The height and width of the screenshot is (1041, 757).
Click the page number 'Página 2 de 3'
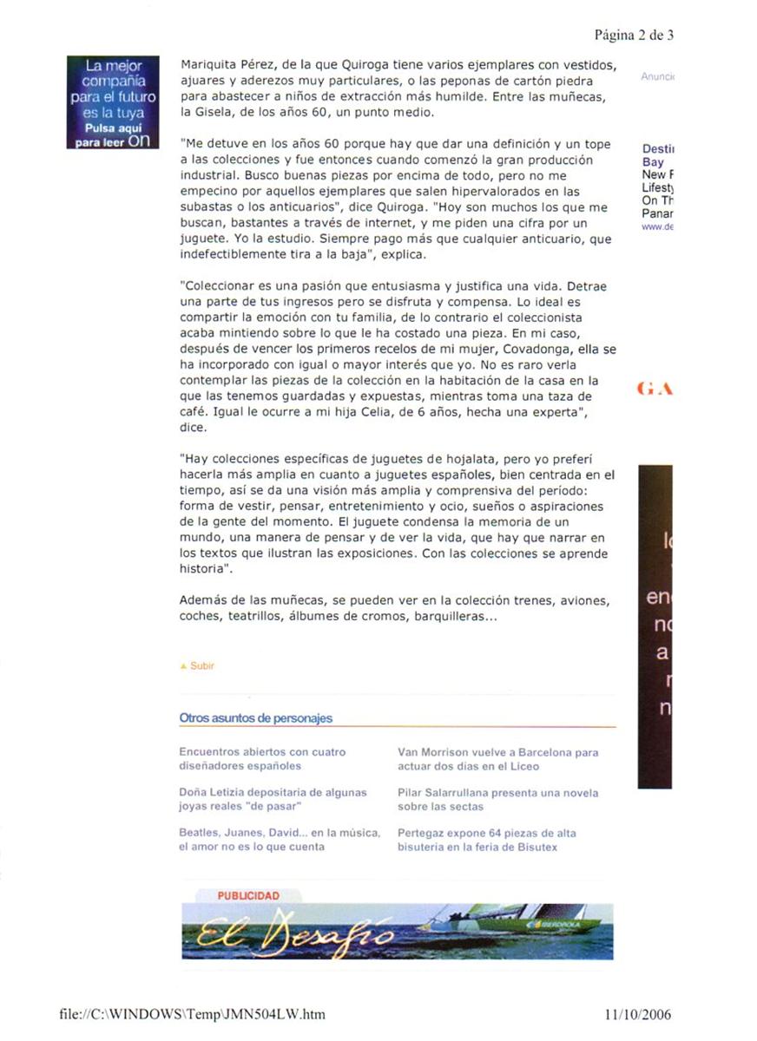click(634, 35)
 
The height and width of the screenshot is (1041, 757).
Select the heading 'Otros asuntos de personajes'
click(255, 718)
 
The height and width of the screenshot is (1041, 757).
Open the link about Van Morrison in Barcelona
click(497, 759)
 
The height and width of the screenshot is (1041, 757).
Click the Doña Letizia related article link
click(273, 799)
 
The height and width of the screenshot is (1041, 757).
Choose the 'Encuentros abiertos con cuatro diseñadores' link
click(261, 759)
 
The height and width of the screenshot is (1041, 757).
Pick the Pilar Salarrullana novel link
click(497, 799)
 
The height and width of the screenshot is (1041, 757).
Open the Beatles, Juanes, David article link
click(279, 839)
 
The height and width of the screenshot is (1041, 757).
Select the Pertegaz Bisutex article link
click(486, 839)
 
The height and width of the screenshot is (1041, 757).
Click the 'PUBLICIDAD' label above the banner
click(248, 895)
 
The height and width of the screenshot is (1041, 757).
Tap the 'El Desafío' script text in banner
click(294, 934)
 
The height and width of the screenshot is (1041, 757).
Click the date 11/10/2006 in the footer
click(637, 1014)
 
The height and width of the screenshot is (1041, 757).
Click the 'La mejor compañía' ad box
click(114, 102)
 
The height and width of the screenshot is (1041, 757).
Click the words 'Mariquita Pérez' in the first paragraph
click(221, 65)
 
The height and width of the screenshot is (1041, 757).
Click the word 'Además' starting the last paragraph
click(201, 600)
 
